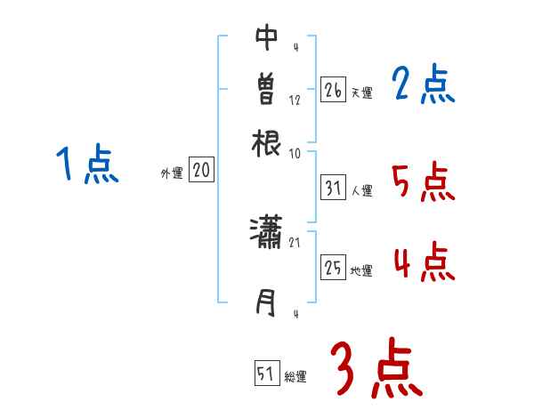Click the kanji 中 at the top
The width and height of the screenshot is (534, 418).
pos(266,37)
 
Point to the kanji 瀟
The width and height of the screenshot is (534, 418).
pos(266,235)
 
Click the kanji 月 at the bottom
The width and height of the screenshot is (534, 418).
pos(266,304)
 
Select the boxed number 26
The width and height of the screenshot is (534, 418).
pos(333,90)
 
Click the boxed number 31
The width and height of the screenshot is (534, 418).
pos(333,188)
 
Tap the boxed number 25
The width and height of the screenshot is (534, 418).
pos(333,268)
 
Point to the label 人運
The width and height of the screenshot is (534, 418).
pos(361,190)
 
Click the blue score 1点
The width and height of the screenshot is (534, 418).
pos(87,165)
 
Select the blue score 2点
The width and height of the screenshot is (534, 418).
pos(423,85)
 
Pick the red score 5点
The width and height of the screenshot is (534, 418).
pos(423,182)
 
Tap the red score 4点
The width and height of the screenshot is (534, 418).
pos(423,263)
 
